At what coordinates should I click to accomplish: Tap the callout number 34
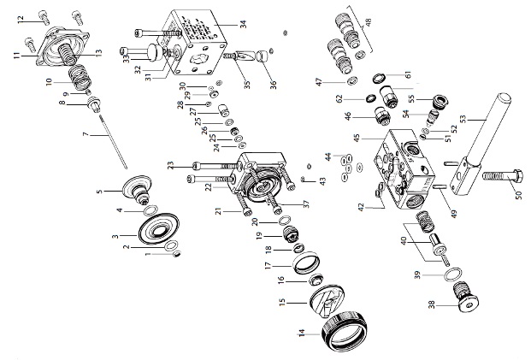243,25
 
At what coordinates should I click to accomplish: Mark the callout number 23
171,164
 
